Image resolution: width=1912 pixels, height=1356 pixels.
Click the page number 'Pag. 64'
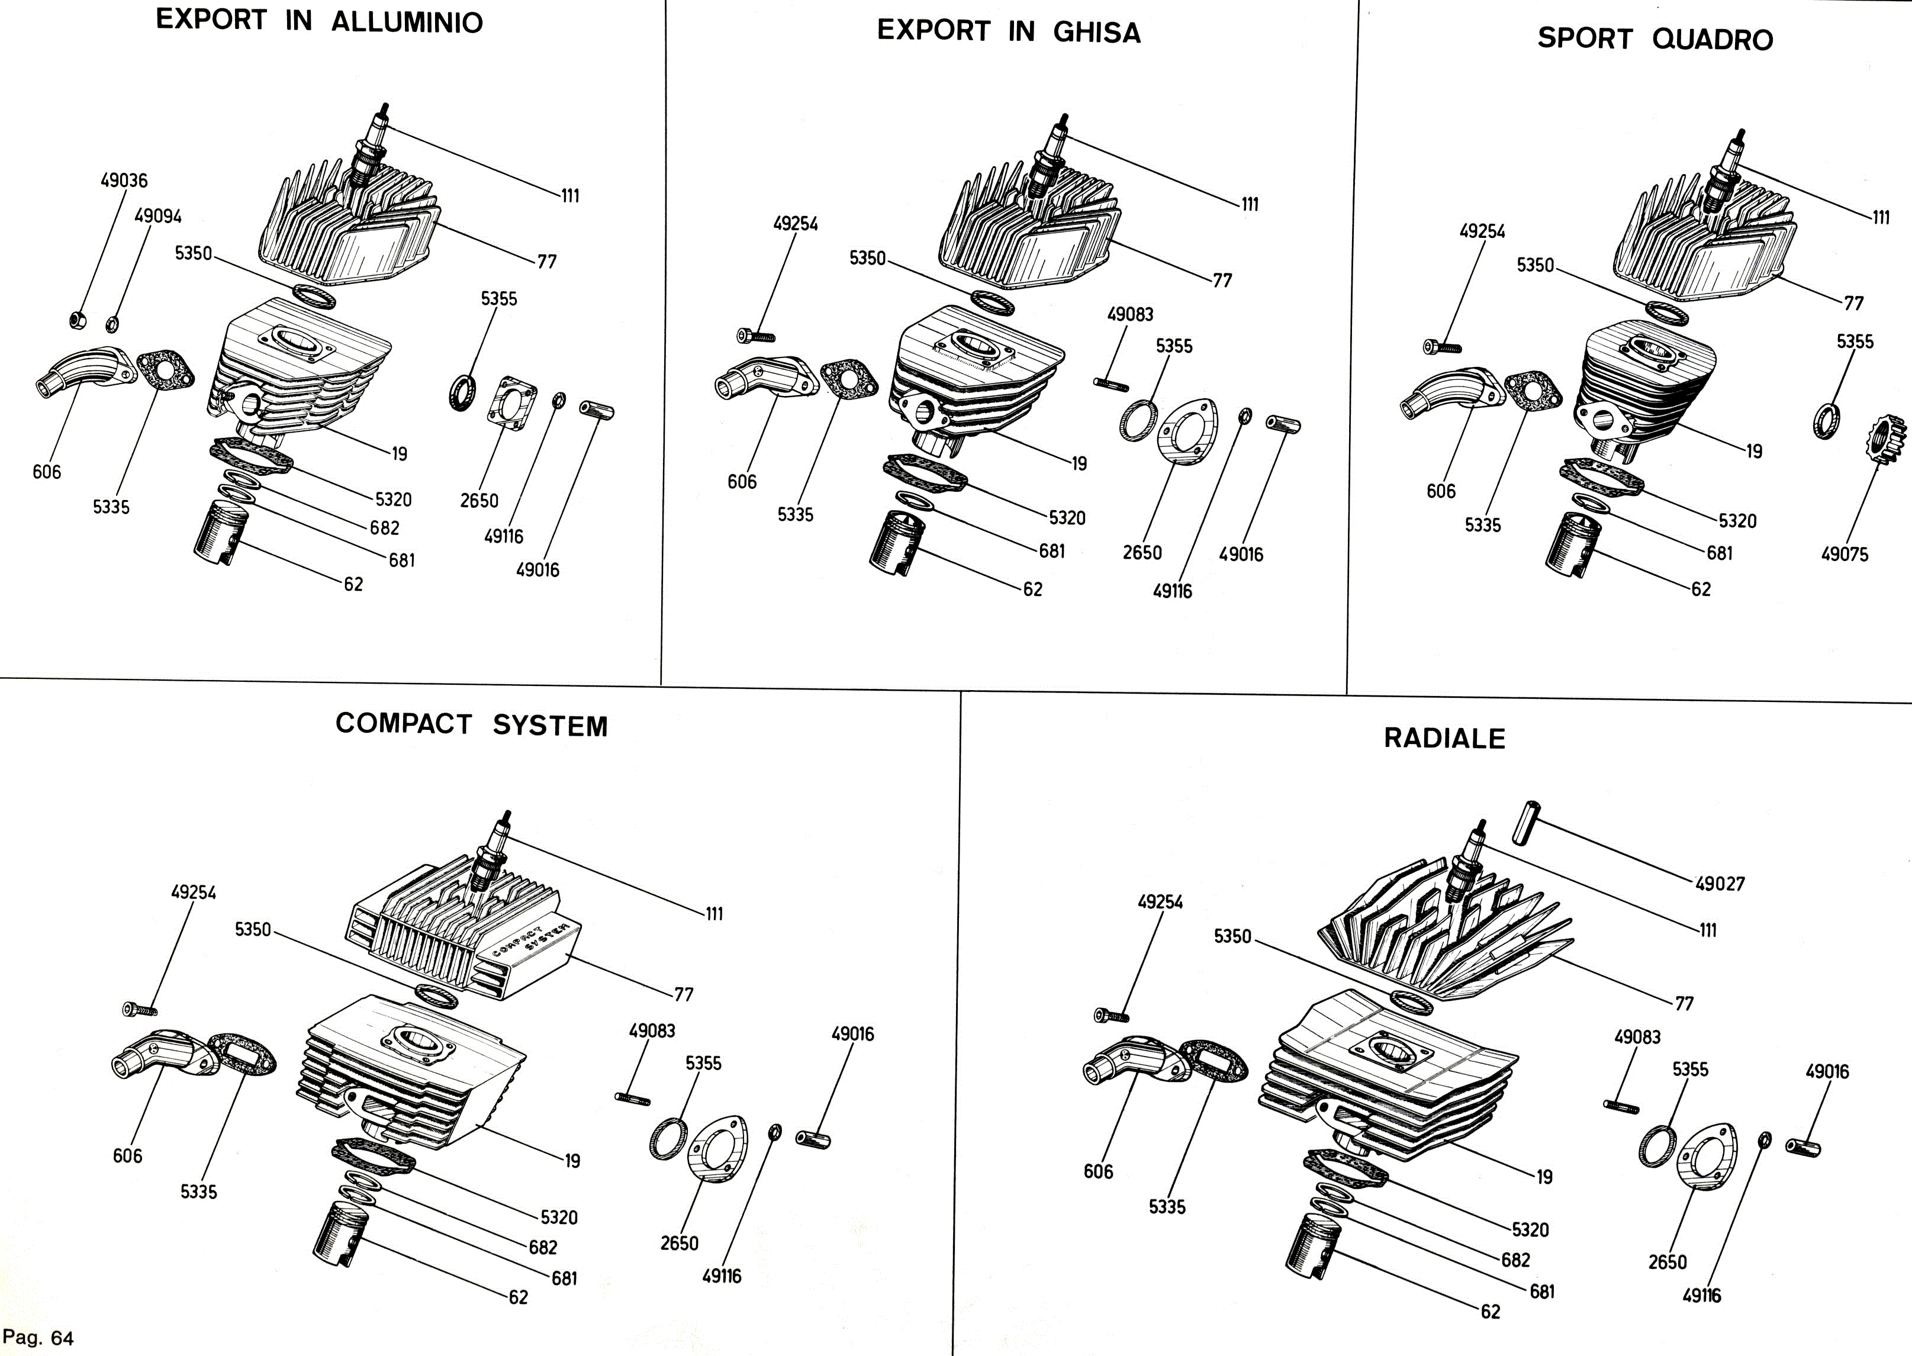pyautogui.click(x=38, y=1338)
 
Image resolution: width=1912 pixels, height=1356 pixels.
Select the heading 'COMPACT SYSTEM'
pyautogui.click(x=471, y=724)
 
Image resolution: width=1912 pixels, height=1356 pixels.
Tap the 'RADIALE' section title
pyautogui.click(x=1444, y=738)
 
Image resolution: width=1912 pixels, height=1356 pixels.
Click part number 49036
pyautogui.click(x=124, y=181)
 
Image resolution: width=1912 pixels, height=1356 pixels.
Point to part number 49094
pyautogui.click(x=158, y=216)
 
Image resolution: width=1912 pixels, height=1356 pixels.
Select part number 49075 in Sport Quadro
pyautogui.click(x=1845, y=555)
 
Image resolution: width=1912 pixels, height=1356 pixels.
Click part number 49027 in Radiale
pyautogui.click(x=1720, y=884)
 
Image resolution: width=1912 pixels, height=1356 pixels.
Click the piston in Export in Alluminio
pyautogui.click(x=215, y=535)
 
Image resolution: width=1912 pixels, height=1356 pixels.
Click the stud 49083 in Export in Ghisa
pyautogui.click(x=1110, y=384)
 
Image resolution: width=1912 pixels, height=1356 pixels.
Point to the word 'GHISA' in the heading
pyautogui.click(x=1096, y=33)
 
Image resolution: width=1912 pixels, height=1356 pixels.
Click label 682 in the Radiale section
pyautogui.click(x=1515, y=1260)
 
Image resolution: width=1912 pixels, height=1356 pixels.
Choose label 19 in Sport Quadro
pyautogui.click(x=1754, y=452)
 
